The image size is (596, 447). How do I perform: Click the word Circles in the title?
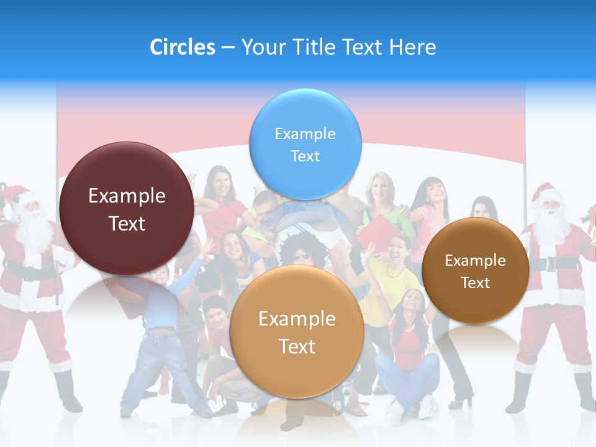[182, 47]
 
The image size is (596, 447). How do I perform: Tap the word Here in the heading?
[412, 47]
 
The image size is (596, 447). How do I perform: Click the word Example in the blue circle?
[305, 134]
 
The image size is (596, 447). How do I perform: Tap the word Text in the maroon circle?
[127, 224]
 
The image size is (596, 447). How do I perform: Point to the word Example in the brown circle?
[476, 261]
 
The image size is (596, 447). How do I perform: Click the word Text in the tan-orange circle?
[297, 346]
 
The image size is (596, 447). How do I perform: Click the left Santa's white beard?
[34, 233]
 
